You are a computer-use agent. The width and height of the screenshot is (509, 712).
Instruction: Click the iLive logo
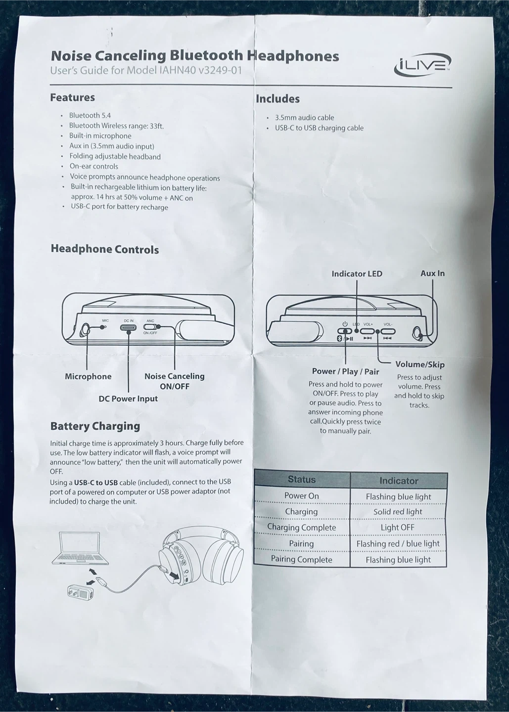[x=422, y=65]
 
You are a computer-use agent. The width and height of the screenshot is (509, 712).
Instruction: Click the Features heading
[x=72, y=97]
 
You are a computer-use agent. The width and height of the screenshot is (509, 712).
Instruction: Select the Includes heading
[x=278, y=99]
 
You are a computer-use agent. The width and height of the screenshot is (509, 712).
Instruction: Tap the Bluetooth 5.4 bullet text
[x=90, y=115]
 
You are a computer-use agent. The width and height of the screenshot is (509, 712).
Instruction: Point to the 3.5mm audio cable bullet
[x=304, y=118]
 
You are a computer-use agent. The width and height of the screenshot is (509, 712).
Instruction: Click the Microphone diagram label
[x=88, y=376]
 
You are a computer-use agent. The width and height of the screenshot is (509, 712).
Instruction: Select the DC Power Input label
[x=128, y=399]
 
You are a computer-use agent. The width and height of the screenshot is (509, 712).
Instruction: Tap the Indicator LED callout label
[x=357, y=273]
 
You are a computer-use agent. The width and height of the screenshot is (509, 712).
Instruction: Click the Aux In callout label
[x=432, y=273]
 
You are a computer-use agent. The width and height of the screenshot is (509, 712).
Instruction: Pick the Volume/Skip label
[x=420, y=364]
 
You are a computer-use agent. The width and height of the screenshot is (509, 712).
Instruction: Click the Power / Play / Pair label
[x=345, y=371]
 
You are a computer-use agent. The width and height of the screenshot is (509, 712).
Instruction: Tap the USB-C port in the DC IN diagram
[x=129, y=327]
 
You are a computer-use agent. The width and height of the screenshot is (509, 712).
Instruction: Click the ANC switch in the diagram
[x=150, y=327]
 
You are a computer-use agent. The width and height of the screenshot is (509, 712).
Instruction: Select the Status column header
[x=302, y=480]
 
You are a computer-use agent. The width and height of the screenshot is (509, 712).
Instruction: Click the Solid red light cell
[x=398, y=512]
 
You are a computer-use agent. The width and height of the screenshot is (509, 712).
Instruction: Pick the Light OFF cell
[x=397, y=528]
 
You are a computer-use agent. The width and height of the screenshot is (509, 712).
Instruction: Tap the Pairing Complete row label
[x=301, y=559]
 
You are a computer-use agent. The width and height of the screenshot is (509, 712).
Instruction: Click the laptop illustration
[x=80, y=548]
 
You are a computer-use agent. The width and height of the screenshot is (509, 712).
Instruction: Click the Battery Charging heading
[x=95, y=426]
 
